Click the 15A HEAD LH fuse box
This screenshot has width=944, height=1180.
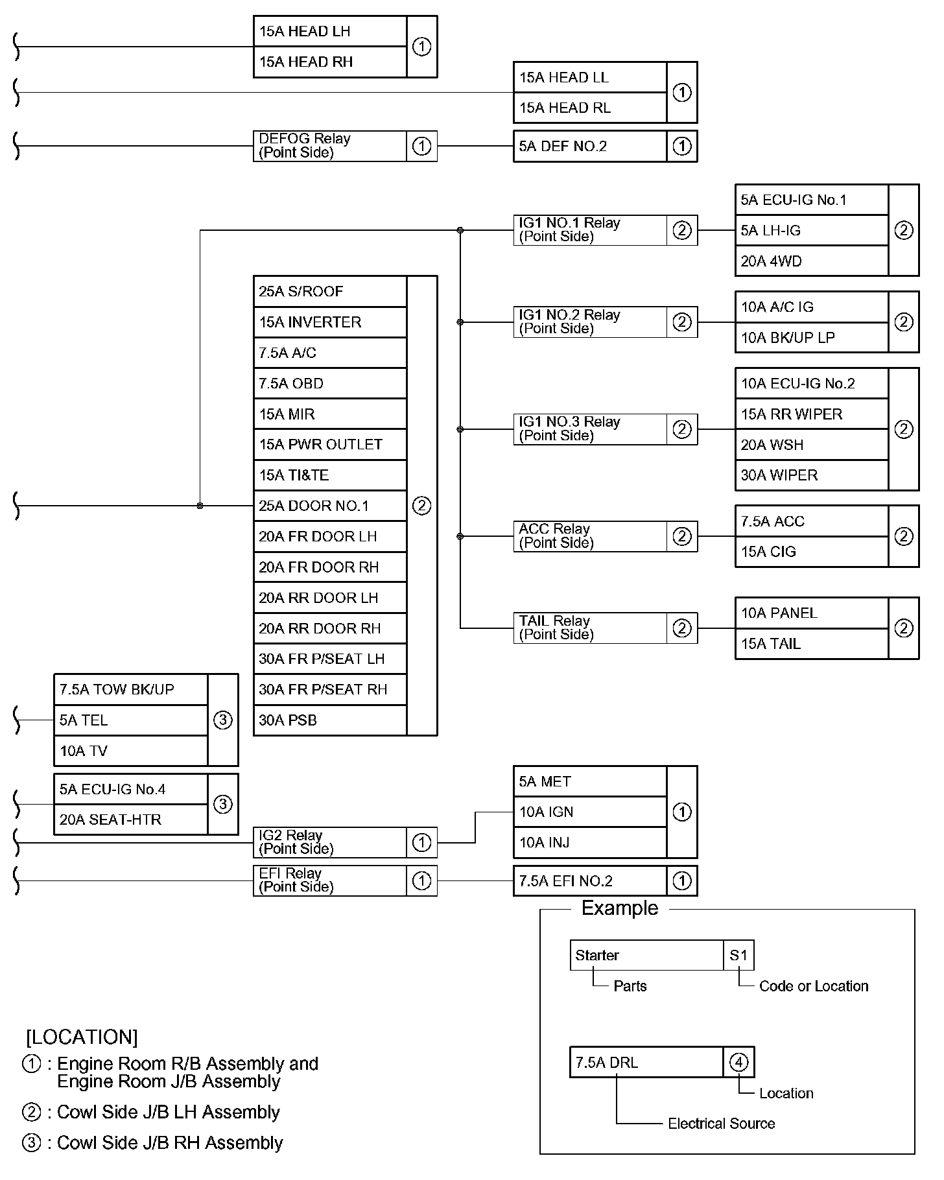click(330, 31)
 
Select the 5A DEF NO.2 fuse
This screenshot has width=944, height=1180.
click(590, 146)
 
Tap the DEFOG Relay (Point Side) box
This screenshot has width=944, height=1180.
click(330, 146)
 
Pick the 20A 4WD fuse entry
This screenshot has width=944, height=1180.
click(812, 261)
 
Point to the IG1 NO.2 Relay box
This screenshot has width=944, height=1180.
click(590, 322)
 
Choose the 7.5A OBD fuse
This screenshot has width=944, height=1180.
click(330, 383)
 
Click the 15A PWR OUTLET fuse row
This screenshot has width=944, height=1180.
click(330, 445)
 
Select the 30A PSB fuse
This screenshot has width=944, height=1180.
click(330, 720)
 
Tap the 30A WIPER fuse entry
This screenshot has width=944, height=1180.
click(812, 475)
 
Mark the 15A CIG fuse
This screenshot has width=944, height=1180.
click(812, 552)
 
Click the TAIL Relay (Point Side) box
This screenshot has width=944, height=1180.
click(590, 628)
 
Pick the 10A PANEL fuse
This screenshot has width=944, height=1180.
click(812, 613)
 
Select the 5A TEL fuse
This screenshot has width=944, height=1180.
click(131, 720)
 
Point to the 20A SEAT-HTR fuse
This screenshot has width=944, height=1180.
click(131, 820)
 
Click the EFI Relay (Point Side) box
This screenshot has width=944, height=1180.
click(330, 880)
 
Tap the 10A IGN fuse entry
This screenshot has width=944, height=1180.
click(590, 812)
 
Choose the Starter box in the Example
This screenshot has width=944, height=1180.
click(646, 955)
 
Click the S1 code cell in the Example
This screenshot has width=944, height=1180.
click(739, 955)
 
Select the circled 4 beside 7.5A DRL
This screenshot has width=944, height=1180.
click(739, 1062)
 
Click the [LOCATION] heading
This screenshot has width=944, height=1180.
click(82, 1037)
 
